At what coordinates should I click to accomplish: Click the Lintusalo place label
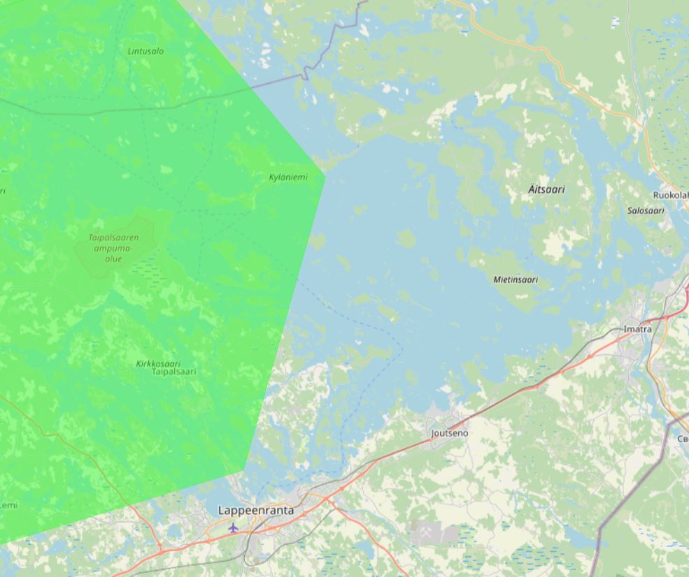[x=145, y=51]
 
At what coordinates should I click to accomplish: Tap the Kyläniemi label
[x=288, y=177]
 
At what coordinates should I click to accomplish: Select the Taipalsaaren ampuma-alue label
[x=113, y=248]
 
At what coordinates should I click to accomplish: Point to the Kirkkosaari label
[x=158, y=363]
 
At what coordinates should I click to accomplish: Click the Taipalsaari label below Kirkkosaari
[x=173, y=372]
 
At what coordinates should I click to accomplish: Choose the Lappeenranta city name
[x=256, y=511]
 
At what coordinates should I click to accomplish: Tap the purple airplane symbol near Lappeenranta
[x=233, y=527]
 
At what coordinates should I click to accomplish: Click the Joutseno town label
[x=450, y=433]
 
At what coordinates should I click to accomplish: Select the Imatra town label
[x=637, y=329]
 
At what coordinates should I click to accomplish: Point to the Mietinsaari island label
[x=516, y=279]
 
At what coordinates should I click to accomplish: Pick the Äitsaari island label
[x=546, y=189]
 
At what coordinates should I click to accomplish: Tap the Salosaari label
[x=645, y=210]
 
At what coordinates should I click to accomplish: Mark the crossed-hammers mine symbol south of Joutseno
[x=425, y=532]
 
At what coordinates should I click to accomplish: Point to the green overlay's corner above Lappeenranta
[x=244, y=471]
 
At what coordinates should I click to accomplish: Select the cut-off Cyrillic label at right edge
[x=683, y=439]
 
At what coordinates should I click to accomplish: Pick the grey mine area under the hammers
[x=444, y=534]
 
